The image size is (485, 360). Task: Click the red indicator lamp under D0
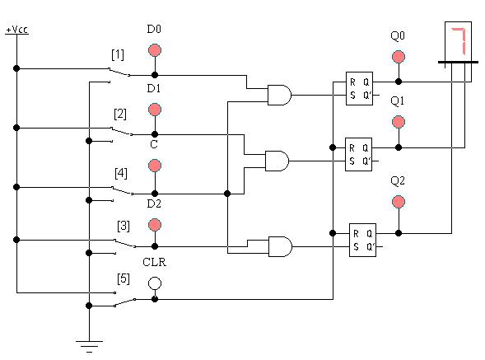coord(155,50)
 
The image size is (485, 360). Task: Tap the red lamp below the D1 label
coord(155,110)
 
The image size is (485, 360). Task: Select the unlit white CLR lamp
coord(155,283)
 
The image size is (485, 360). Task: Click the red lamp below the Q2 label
coord(399,202)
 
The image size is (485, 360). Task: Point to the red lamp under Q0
coord(399,57)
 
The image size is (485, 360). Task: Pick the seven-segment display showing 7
coord(458,42)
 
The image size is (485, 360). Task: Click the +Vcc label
coord(17,30)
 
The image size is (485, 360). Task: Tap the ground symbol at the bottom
coord(89,346)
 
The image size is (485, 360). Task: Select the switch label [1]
coord(118,55)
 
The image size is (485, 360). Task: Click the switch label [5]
coord(124,278)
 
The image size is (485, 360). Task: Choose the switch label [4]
coord(120,173)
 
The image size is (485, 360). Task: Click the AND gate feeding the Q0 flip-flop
coord(279,95)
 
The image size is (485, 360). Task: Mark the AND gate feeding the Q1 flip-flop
coord(277,161)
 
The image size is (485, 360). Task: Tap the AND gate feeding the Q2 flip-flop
coord(280,246)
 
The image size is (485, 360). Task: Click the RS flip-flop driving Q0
coord(359,88)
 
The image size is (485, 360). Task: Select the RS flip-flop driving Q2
coord(362,240)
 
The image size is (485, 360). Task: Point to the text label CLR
coord(154,262)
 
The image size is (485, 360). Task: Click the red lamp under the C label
coord(155,166)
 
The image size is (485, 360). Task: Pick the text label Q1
coord(398,101)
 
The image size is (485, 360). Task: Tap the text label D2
coord(154,203)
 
